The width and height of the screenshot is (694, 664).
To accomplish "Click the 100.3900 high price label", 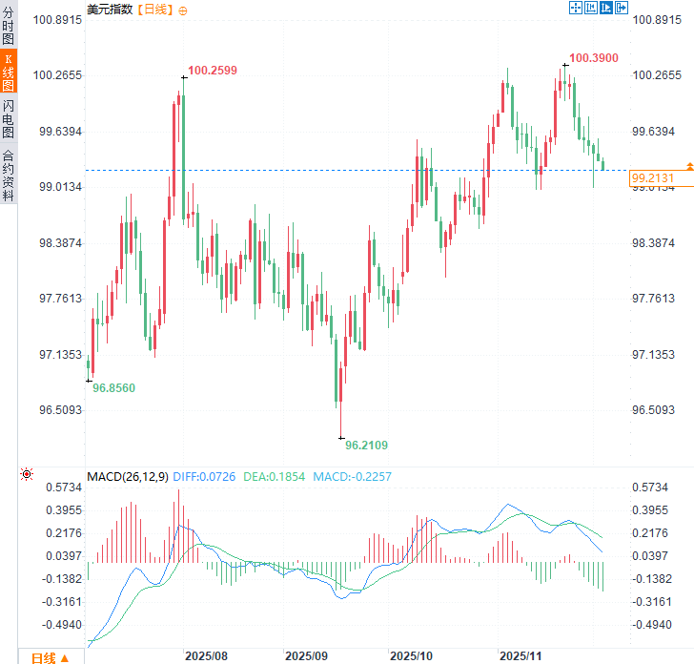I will pos(594,58).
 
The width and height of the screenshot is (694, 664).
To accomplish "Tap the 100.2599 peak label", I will pos(213,70).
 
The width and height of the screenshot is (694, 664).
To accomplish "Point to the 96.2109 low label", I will pos(367,445).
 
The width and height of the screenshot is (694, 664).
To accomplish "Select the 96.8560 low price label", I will pos(113,388).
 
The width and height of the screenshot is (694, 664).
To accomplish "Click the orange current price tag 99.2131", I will pos(652,178).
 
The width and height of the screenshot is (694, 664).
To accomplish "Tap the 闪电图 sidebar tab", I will pos(9,119).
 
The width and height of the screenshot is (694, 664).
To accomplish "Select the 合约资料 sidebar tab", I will pos(9,175).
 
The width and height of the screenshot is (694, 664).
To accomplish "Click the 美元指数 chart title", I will pos(111,9).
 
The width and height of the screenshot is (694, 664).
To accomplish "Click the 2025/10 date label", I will pos(412,656).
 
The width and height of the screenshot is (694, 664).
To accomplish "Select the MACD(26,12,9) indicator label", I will pos(128,476).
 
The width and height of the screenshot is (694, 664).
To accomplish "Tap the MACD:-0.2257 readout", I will pos(352,476).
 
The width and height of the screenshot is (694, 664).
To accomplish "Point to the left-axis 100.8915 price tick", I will pos(59,20).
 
